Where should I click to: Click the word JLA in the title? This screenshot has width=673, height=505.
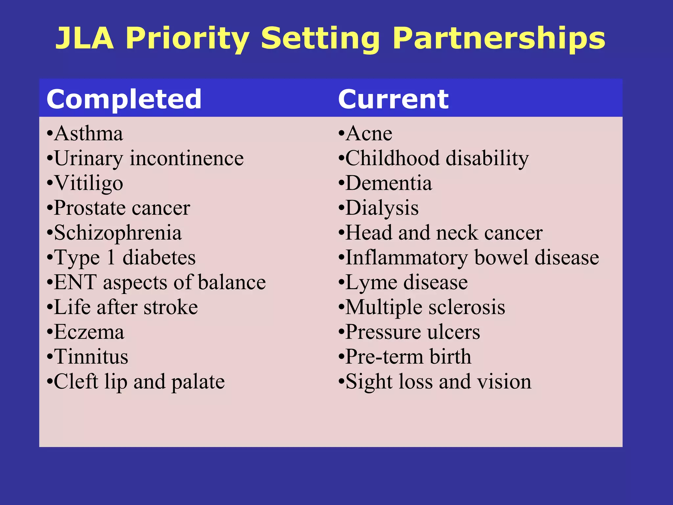point(85,38)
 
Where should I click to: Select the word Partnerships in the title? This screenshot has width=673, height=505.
point(499,38)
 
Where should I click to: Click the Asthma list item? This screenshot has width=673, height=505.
point(88,133)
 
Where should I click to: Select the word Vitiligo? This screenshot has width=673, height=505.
point(88,183)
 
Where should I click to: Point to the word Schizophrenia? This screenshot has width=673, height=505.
point(118,233)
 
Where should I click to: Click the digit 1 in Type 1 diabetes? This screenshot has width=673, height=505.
point(111,257)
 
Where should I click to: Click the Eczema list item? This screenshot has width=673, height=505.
point(89,332)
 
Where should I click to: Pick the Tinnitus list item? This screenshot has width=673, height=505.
point(91,357)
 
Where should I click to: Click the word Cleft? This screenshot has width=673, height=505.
point(76,381)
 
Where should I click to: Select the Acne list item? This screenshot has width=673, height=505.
point(369,133)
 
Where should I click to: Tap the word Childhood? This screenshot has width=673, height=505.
point(392,158)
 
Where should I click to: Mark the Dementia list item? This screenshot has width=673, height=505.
point(389,183)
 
